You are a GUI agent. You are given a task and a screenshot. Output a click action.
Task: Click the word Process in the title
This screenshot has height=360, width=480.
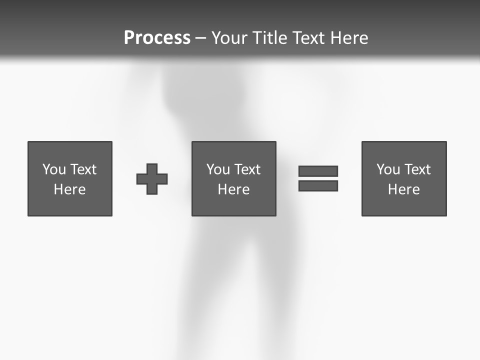157,38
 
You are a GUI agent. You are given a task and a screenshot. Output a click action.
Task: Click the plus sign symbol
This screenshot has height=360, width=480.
152,179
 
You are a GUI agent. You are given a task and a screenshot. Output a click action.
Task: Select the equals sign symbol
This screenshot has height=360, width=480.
318,178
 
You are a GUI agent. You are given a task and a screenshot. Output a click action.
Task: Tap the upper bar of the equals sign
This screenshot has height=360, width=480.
318,171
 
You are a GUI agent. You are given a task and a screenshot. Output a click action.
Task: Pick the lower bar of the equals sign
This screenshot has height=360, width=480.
318,186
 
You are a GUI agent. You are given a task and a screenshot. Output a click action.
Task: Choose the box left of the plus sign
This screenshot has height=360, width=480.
70,178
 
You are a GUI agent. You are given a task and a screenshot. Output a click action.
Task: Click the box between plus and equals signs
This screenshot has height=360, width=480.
233,178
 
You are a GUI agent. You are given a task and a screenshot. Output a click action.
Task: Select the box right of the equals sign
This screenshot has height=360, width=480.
404,178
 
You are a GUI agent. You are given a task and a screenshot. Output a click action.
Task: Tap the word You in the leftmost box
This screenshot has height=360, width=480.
54,169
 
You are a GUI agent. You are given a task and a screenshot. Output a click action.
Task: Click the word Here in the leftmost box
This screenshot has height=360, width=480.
69,189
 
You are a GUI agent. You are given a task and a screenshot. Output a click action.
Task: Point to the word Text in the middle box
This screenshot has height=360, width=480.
247,169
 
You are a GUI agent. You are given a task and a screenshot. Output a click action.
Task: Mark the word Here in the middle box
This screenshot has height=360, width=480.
233,189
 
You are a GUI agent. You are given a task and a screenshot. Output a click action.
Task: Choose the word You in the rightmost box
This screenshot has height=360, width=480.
388,169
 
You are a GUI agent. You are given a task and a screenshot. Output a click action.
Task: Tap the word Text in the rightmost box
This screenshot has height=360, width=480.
417,169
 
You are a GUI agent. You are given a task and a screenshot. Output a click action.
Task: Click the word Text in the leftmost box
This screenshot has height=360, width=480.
83,169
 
